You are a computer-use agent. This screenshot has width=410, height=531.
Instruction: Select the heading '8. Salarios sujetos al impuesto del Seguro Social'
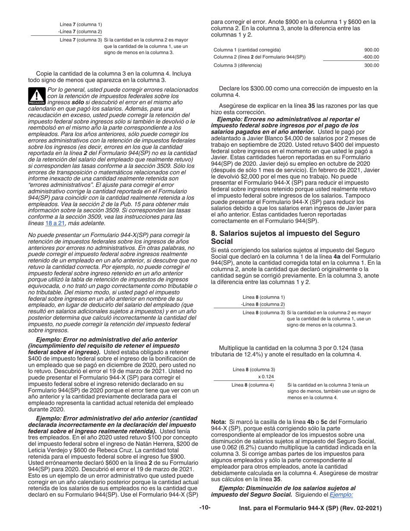[x=285, y=237]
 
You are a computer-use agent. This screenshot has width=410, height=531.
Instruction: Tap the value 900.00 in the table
[x=372, y=50]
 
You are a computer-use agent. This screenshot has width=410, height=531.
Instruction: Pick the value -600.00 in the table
[x=371, y=57]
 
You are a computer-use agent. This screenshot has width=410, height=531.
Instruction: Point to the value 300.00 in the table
[x=372, y=66]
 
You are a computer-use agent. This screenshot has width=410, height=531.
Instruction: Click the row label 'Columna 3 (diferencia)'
[x=238, y=66]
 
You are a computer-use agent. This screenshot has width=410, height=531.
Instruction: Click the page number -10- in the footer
[x=205, y=508]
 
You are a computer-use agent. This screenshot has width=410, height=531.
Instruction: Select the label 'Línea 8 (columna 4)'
[x=253, y=385]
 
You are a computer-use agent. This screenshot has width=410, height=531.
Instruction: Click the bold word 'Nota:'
[x=219, y=422]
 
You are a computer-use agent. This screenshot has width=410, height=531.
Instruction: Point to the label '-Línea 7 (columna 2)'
[x=80, y=32]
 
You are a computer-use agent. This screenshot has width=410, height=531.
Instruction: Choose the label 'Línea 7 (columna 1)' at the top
[x=81, y=25]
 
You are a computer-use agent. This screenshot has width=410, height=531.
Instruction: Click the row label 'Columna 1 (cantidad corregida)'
[x=247, y=50]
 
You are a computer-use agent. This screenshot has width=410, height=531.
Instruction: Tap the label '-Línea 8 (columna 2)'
[x=263, y=304]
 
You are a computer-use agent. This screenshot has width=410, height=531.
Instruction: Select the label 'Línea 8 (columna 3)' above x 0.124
[x=254, y=370]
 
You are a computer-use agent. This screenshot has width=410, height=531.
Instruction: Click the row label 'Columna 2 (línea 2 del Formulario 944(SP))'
[x=260, y=57]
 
